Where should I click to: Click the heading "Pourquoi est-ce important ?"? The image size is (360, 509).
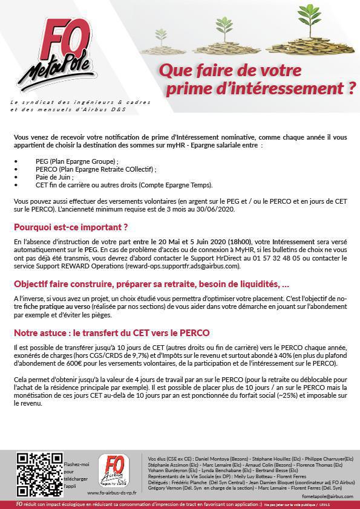point(71,227)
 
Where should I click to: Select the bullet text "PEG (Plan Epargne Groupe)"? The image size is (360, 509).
point(77,161)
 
